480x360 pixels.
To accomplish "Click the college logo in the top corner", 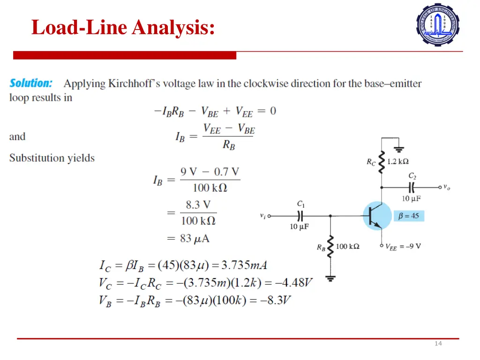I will pos(438,24).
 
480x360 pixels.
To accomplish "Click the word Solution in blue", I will pos(31,83).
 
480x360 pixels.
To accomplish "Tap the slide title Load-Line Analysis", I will pos(123,27).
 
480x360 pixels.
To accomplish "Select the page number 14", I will pos(438,344).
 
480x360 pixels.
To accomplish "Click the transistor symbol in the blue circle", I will pos(377,216).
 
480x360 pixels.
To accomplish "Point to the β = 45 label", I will pos(408,216).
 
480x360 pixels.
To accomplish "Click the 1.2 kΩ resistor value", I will pos(398,162).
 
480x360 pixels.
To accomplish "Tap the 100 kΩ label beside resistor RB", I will pos(347,247).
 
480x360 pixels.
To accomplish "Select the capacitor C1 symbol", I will pos(300,216).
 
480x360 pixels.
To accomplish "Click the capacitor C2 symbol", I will pos(412,187).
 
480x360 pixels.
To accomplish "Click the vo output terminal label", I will pos(448,187).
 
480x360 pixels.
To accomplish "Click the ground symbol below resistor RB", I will pos(331,278).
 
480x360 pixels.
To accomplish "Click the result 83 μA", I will pos(195,239).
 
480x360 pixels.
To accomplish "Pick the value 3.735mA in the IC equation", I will pos(244,265).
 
